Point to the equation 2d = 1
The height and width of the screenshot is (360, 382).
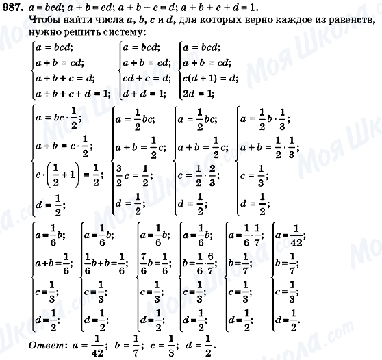tap(196, 92)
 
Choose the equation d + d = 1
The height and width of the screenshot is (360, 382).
tap(141, 92)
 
